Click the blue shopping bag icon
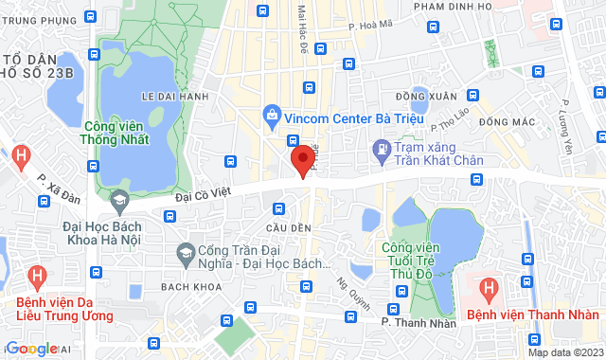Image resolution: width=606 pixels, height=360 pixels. point(273,117)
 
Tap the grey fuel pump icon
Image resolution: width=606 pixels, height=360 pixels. point(381,148)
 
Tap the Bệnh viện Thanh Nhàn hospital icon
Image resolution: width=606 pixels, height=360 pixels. point(489,287)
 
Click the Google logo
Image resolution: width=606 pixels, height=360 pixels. point(31,349)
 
